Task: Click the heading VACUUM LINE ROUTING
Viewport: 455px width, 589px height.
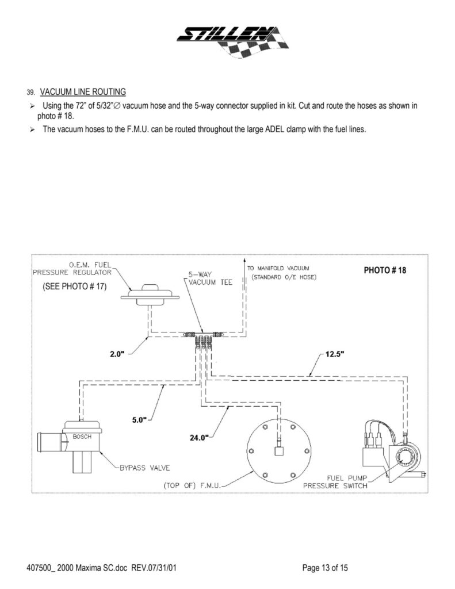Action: (x=83, y=92)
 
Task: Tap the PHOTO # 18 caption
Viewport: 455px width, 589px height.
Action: (x=385, y=270)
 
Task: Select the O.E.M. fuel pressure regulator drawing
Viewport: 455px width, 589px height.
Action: (x=151, y=293)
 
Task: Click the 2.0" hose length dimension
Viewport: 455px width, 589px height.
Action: (x=117, y=354)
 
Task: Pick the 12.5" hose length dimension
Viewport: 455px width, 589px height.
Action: (x=334, y=354)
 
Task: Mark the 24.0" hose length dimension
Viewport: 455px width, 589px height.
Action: (x=200, y=437)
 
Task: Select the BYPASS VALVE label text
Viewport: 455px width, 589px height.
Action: (x=144, y=467)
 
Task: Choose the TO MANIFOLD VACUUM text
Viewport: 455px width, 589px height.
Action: (x=278, y=269)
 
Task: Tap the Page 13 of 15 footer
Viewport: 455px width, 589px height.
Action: (x=325, y=568)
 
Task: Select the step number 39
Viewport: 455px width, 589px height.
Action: (x=30, y=93)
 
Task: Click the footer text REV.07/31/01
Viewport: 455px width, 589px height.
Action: (x=154, y=568)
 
